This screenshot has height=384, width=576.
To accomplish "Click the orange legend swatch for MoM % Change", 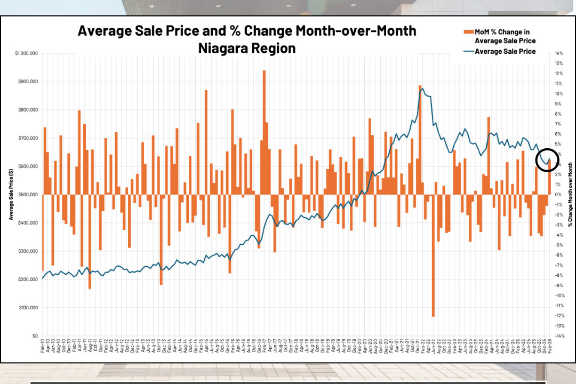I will [x=468, y=32].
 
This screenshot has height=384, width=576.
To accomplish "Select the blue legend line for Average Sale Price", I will [x=468, y=51].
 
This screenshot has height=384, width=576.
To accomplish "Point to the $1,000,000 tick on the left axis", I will [x=26, y=53].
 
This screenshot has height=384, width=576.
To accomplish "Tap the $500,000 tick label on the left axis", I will [x=28, y=195].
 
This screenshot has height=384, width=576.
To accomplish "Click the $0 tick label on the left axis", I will [x=35, y=336].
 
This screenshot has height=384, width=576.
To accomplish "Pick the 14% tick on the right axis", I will [x=558, y=53].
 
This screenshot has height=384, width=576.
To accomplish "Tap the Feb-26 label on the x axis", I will [x=549, y=350].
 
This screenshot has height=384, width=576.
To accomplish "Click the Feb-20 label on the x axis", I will [x=359, y=350].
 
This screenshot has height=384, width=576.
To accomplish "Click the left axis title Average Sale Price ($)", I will [x=11, y=195].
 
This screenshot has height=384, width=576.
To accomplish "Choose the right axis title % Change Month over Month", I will [x=570, y=195].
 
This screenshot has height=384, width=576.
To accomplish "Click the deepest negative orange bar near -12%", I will [x=433, y=256].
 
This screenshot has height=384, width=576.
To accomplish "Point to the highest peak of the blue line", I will [x=422, y=88].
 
